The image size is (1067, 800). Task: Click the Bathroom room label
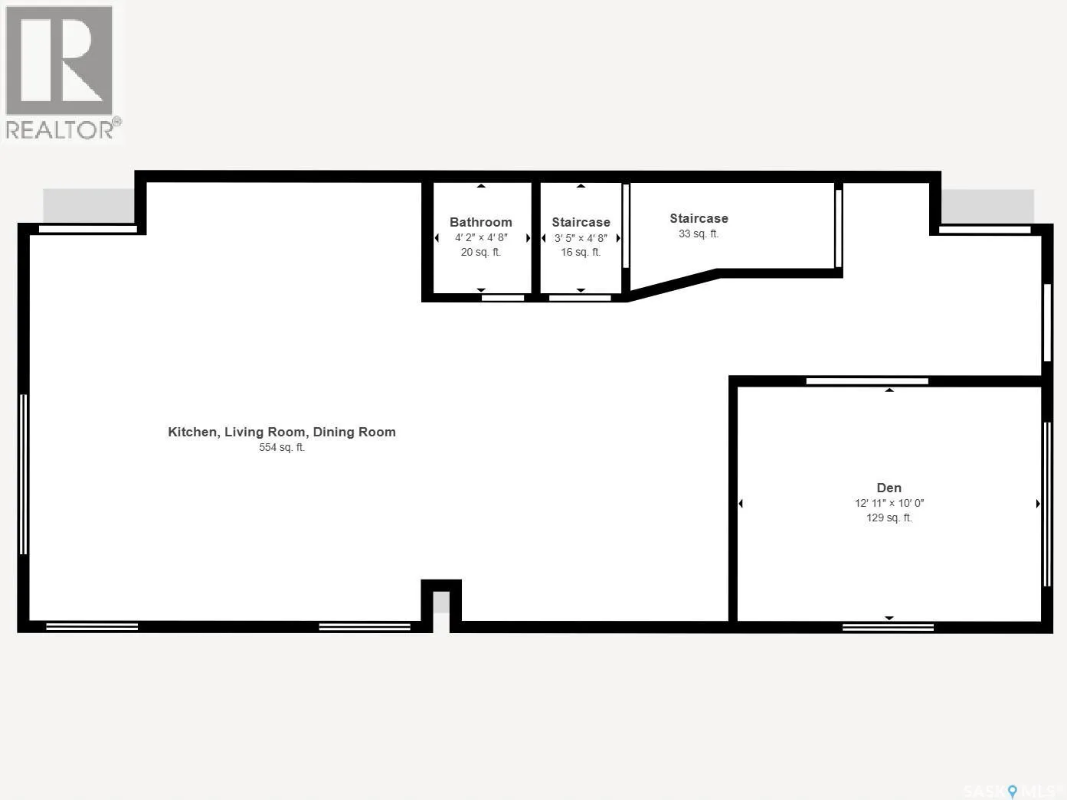[481, 222]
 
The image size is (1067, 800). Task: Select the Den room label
[889, 488]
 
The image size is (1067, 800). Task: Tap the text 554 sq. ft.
[281, 447]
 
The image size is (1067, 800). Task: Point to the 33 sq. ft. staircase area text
[699, 233]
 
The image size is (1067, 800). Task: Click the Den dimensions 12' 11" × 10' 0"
[889, 503]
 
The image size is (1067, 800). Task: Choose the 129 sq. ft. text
[889, 518]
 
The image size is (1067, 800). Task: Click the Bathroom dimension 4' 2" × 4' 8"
[481, 237]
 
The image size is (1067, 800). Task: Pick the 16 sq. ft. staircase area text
[581, 252]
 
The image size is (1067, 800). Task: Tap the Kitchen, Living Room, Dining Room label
[281, 432]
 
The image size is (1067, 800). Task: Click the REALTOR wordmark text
[60, 129]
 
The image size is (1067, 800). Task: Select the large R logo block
[59, 60]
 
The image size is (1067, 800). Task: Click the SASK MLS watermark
[1013, 790]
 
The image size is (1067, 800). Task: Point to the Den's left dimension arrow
[741, 504]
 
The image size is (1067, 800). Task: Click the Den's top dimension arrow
[889, 390]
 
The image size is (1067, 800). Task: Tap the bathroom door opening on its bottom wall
[502, 298]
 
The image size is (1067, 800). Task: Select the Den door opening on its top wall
[867, 381]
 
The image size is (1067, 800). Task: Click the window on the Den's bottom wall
[888, 627]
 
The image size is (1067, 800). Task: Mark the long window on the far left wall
[23, 474]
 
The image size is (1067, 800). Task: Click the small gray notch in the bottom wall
[441, 602]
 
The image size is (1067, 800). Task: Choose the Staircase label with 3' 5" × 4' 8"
[581, 222]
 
